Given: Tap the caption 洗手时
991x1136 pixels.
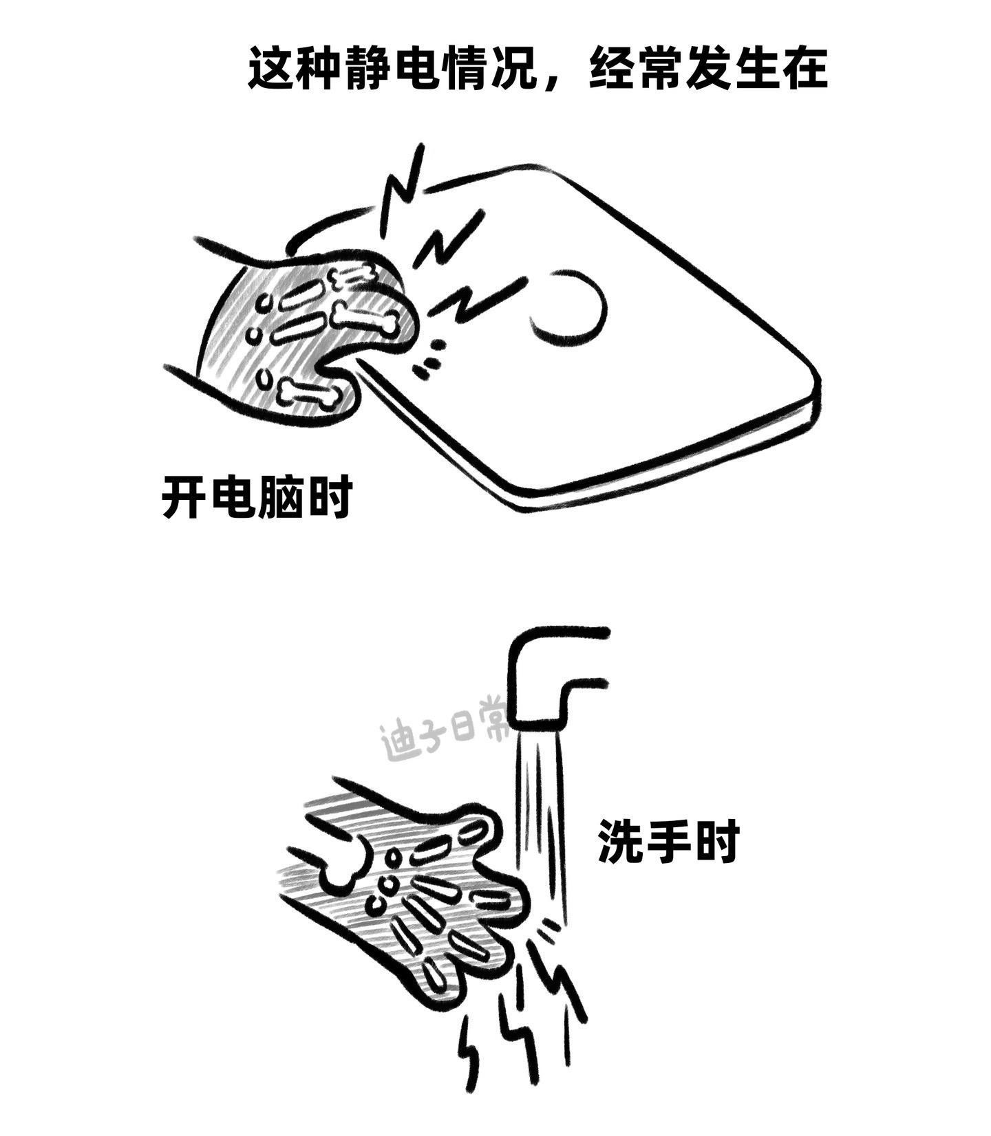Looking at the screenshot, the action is click(x=668, y=841).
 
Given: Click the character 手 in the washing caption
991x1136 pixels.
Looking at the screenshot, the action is click(x=668, y=841).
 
